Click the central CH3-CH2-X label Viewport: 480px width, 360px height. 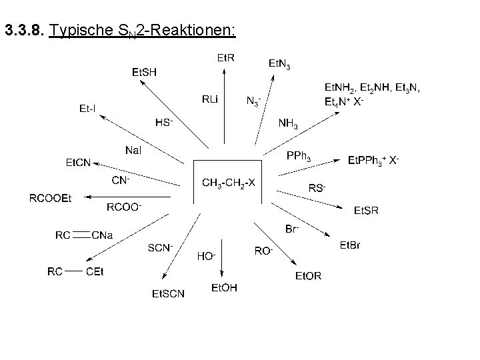coord(228,183)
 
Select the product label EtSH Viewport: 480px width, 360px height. coord(144,73)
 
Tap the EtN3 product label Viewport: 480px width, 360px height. coord(279,64)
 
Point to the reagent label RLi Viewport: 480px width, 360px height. coord(210,100)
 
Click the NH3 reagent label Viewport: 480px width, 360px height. coord(289,125)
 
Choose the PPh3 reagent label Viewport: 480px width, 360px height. coord(298,157)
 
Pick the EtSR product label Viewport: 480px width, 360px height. coord(366,211)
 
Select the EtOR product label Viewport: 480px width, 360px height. coord(308,276)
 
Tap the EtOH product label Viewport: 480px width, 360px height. coord(224,287)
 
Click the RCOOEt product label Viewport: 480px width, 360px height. coord(49,197)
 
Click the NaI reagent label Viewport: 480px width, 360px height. coord(133,150)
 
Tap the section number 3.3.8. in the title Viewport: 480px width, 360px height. coord(24,31)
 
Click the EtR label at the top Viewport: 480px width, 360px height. coord(226,58)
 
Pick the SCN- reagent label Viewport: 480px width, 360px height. coord(160,248)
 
